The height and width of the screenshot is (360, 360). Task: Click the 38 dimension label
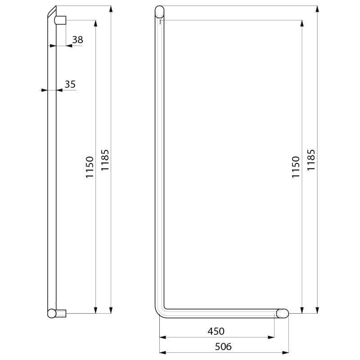[x=77, y=40]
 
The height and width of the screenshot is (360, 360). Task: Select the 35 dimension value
[x=70, y=84]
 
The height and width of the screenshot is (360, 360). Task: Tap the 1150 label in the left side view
[x=89, y=167]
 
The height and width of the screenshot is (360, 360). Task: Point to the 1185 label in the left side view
[x=104, y=160]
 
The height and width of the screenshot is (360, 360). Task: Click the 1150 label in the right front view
[x=296, y=167]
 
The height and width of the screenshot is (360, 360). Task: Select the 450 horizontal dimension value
[x=216, y=331]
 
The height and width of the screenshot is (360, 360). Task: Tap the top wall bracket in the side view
[x=61, y=20]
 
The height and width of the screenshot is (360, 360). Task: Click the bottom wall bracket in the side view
[x=61, y=313]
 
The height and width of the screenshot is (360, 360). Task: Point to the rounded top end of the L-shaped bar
[x=160, y=11]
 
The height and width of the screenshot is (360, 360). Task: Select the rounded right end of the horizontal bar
[x=282, y=313]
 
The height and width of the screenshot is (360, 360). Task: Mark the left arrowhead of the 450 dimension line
[x=162, y=337]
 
